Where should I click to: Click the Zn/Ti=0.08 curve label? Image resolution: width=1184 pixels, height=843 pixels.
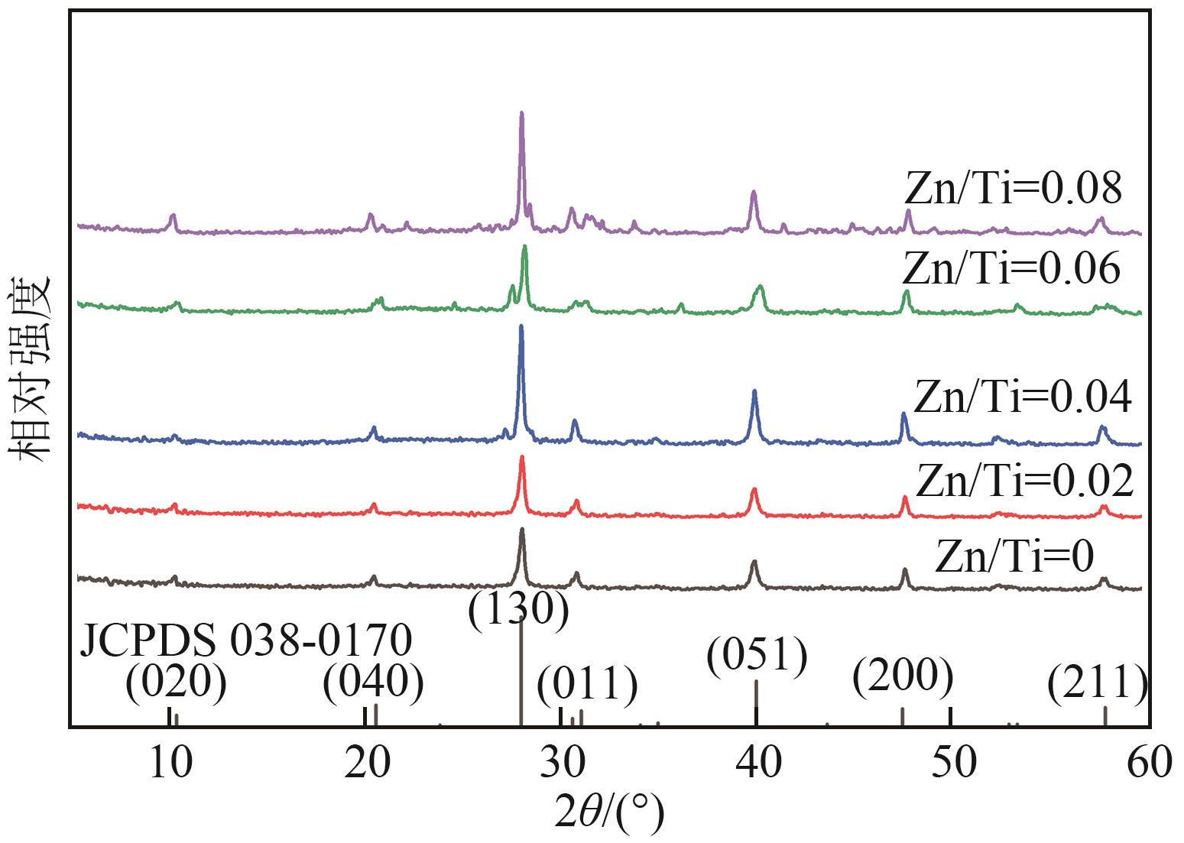click(x=1013, y=188)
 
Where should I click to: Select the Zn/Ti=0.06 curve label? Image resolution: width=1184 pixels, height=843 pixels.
click(x=1011, y=268)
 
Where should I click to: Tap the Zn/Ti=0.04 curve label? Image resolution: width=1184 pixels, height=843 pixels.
click(x=1022, y=397)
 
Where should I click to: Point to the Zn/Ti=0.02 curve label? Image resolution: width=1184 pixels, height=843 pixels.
click(x=1024, y=481)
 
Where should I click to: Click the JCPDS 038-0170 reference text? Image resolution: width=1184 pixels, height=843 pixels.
click(x=245, y=641)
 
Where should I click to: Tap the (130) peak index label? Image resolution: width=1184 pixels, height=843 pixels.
click(x=518, y=611)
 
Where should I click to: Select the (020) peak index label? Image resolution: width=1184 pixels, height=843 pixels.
click(x=176, y=683)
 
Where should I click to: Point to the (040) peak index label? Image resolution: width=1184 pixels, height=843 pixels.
click(x=373, y=683)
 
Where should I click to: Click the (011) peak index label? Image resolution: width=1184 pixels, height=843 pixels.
click(x=587, y=684)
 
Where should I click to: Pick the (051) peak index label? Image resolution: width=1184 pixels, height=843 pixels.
click(x=757, y=656)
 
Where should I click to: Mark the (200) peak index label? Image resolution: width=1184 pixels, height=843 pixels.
click(x=903, y=676)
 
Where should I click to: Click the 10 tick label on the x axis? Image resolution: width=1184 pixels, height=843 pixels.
click(x=169, y=762)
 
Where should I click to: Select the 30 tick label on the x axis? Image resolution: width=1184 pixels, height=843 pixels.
click(x=560, y=762)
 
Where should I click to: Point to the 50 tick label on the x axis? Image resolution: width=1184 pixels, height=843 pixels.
click(x=952, y=762)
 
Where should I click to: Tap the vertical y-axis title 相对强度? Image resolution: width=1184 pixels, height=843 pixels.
click(x=31, y=368)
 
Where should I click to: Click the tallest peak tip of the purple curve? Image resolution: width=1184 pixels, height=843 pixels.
click(x=521, y=113)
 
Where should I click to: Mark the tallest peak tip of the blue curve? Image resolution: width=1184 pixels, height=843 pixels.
click(x=521, y=326)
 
